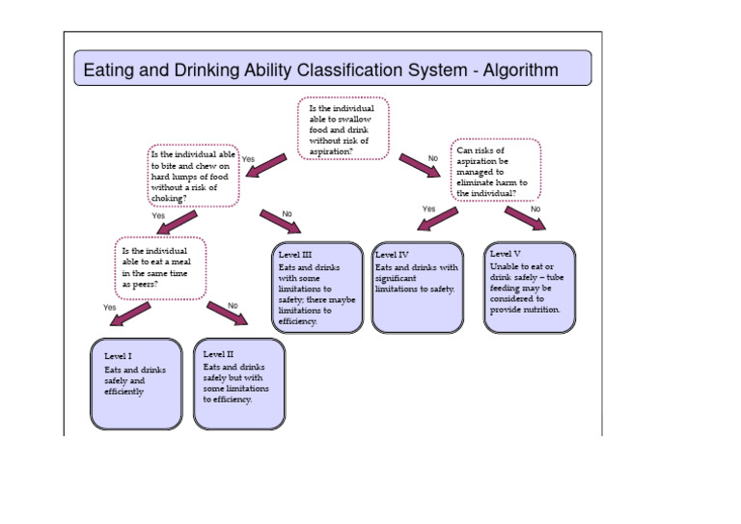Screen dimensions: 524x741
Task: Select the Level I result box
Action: pyautogui.click(x=135, y=383)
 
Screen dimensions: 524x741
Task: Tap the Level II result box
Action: pyautogui.click(x=238, y=383)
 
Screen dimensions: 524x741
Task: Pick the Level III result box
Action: pyautogui.click(x=316, y=288)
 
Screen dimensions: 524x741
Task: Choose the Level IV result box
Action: pyautogui.click(x=418, y=288)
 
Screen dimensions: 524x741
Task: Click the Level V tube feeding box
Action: pyautogui.click(x=530, y=288)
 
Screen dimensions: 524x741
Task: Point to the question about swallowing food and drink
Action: pyautogui.click(x=342, y=129)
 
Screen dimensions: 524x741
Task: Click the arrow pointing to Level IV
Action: pyautogui.click(x=437, y=221)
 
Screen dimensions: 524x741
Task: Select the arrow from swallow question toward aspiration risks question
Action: pyautogui.click(x=419, y=166)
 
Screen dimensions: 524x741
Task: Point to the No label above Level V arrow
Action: pyautogui.click(x=535, y=208)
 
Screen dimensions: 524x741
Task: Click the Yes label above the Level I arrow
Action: pyautogui.click(x=109, y=307)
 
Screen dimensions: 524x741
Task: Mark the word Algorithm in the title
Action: pyautogui.click(x=511, y=70)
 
